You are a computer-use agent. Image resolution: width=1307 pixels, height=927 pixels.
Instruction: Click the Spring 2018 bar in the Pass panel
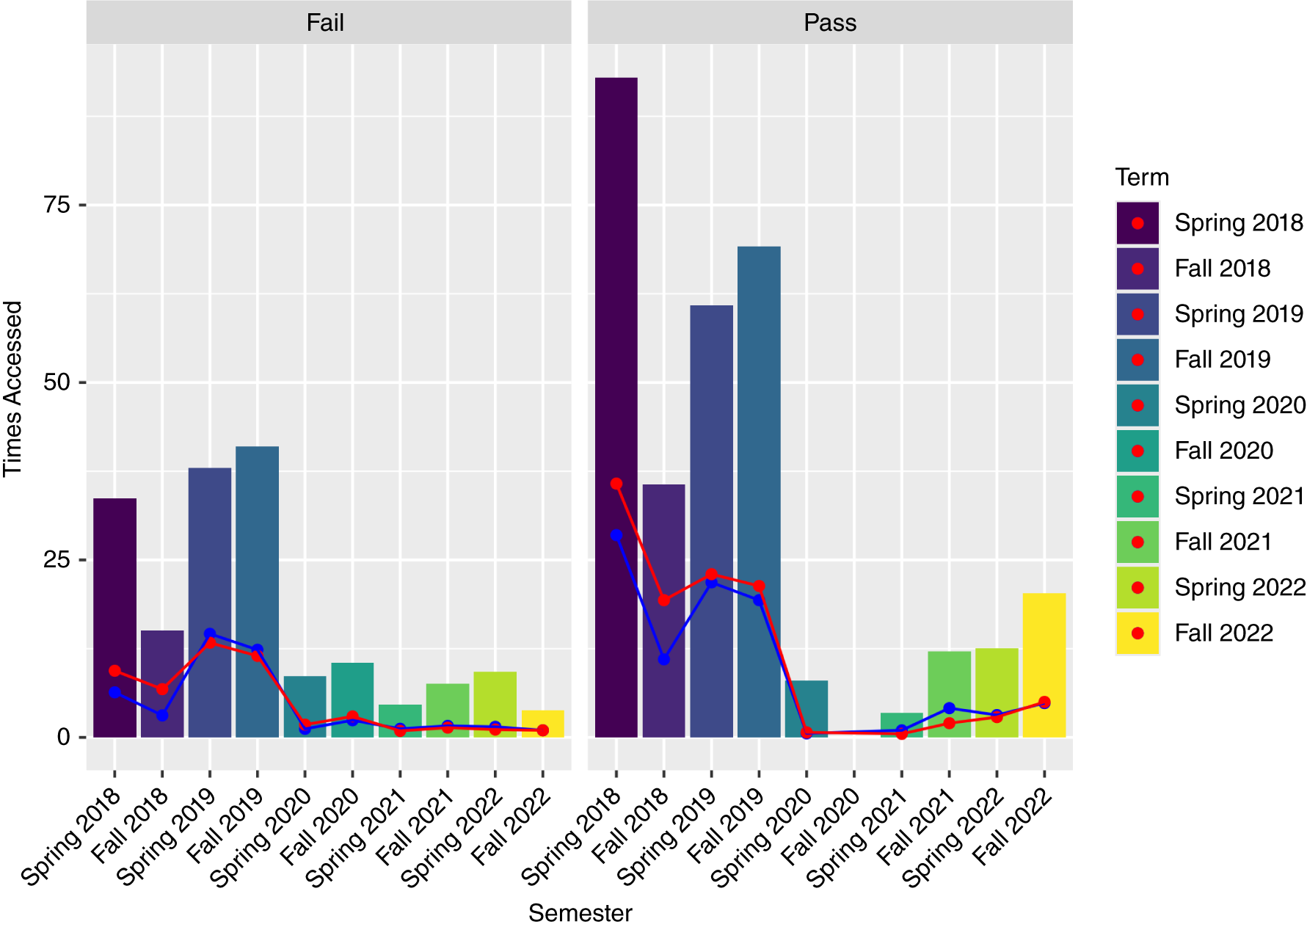[616, 407]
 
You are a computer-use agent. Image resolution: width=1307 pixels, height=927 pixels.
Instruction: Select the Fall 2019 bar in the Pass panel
[759, 492]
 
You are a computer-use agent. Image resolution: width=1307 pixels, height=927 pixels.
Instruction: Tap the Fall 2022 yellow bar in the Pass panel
[1044, 665]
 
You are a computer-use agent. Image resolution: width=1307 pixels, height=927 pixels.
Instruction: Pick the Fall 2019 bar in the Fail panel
[257, 592]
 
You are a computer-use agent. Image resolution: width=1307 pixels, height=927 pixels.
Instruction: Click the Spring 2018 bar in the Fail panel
[114, 618]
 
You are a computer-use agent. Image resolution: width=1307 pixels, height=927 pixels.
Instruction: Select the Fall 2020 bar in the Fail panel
[352, 699]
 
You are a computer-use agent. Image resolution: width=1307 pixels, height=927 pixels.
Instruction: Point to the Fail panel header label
[325, 23]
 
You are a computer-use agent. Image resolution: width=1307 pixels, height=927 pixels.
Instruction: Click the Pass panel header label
[830, 23]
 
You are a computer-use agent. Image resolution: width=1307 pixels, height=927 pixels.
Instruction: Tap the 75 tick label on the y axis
[57, 204]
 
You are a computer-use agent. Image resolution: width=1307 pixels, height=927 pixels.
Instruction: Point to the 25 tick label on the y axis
[57, 560]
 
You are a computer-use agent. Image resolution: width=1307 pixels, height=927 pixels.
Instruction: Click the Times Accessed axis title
[13, 389]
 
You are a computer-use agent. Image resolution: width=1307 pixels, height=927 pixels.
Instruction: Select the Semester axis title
[580, 913]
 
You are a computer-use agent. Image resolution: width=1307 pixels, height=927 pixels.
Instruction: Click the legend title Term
[1142, 178]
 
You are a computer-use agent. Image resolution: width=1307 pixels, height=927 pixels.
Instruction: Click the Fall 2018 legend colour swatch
[1137, 269]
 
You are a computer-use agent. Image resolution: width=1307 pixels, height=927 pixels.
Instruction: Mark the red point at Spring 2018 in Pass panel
[616, 484]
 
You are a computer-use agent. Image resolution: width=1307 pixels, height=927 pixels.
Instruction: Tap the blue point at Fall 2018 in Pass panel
[663, 659]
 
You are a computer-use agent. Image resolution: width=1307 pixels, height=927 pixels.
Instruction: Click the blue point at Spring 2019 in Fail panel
[210, 634]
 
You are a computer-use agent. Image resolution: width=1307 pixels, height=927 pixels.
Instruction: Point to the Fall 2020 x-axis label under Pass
[820, 826]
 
